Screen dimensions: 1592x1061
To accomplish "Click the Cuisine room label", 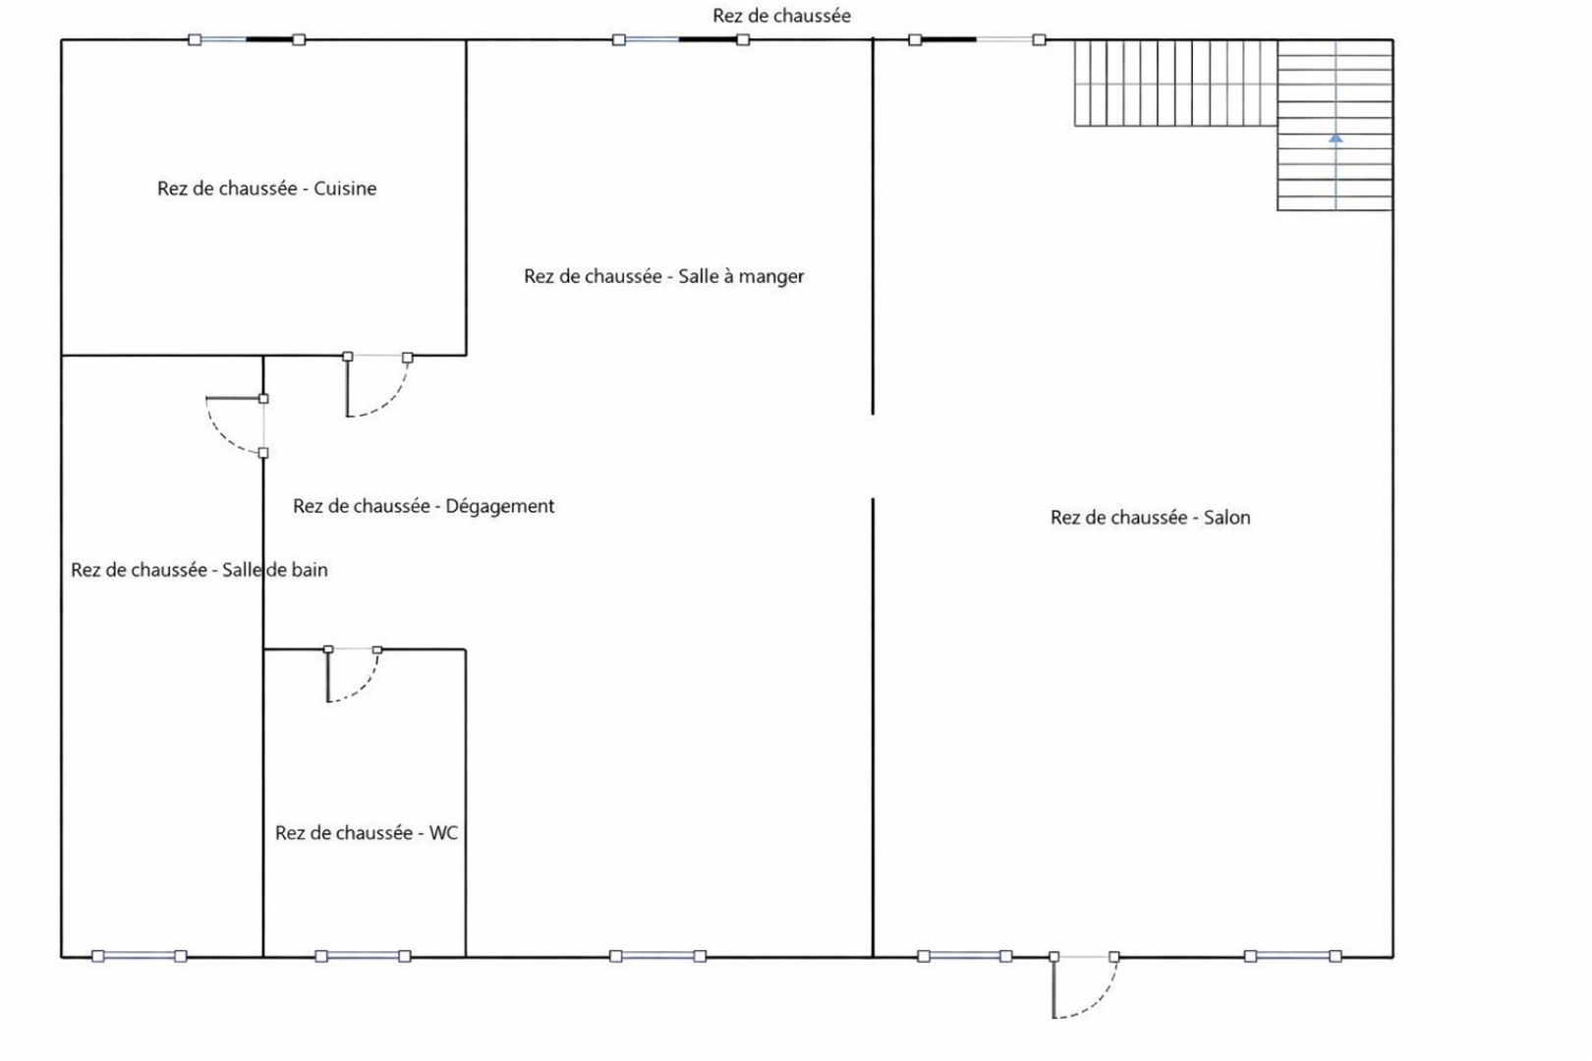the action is click(266, 189).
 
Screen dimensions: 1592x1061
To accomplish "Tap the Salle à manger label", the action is click(663, 276).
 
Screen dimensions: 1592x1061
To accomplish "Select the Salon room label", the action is click(1150, 518).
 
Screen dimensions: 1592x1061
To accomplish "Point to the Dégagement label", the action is click(424, 506).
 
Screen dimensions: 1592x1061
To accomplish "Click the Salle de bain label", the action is click(199, 570).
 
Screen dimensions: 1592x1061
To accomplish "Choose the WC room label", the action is click(366, 833).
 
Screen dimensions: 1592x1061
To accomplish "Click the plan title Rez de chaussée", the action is click(782, 16).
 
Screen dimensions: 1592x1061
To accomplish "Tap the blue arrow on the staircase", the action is click(1336, 138).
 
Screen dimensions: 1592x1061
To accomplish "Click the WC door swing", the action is click(353, 675).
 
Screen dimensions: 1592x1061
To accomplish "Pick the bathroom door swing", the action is click(235, 425).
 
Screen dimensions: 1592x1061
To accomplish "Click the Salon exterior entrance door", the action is click(1085, 987).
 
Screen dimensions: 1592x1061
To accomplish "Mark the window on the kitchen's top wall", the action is click(247, 40).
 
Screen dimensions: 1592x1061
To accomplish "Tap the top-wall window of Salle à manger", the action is click(681, 40).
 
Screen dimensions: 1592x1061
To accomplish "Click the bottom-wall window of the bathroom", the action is click(140, 956).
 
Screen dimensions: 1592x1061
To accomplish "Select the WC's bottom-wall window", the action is click(364, 956).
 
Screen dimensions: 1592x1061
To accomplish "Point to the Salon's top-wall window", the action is click(977, 40).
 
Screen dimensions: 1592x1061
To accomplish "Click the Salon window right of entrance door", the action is click(1293, 956).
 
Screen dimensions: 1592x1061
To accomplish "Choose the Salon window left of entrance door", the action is click(964, 956).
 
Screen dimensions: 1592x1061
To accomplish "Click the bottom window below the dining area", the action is click(658, 956).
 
